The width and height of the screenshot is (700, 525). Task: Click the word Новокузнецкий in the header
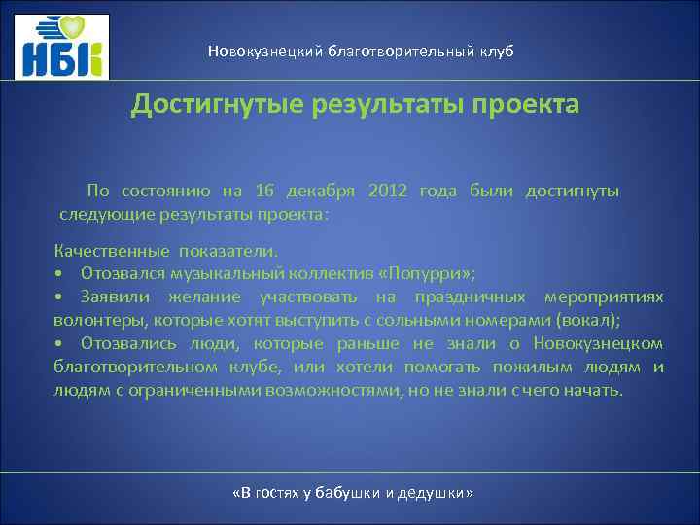[x=259, y=51]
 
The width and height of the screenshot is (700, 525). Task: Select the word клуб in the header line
[x=494, y=51]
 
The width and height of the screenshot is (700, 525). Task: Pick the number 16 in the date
[x=265, y=191]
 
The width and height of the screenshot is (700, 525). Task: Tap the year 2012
[x=389, y=191]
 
